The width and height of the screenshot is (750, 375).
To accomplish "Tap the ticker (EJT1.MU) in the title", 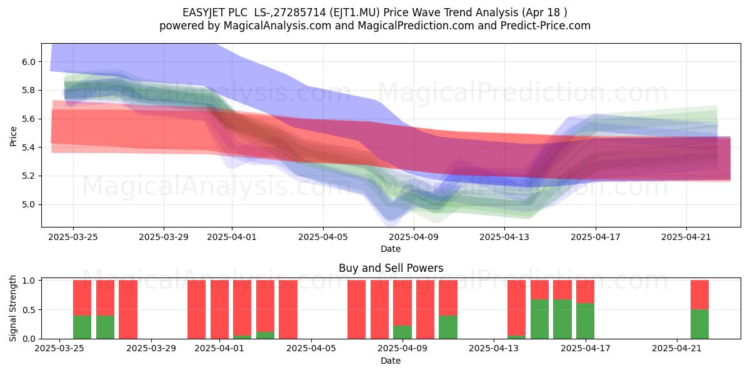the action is point(354,12).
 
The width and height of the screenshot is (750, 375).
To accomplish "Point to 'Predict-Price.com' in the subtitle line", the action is point(546,26).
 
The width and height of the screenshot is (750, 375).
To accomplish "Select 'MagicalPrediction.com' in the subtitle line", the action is point(416,26).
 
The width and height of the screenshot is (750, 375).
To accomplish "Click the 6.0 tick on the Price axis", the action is point(29,62).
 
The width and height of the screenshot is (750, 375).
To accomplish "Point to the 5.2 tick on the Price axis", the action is point(29,176).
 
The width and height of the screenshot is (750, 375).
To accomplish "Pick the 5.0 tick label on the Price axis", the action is point(29,204).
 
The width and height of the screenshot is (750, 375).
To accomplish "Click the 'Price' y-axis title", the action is point(13,136).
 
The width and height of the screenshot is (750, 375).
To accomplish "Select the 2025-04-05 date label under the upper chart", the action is point(323,237).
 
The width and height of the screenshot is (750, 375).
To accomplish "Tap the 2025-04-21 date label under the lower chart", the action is point(677,349).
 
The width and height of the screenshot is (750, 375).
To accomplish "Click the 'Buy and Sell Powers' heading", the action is point(391,268).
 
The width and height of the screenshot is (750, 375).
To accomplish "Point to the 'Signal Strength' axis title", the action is point(12,308).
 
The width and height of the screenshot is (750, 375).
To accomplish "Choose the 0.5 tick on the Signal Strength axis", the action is point(29,310).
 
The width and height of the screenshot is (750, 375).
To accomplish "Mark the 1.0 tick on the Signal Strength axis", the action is point(29,281).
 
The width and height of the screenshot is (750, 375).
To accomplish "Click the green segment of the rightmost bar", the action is point(699,324).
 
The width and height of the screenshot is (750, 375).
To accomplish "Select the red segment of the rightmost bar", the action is point(699,295).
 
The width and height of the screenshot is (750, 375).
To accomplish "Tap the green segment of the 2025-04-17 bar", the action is point(585,321).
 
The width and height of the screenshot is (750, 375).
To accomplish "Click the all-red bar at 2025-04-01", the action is point(219,309).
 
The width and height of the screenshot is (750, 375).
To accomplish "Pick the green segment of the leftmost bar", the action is point(82,327).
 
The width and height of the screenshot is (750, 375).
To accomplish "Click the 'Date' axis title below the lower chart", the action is point(391,361).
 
